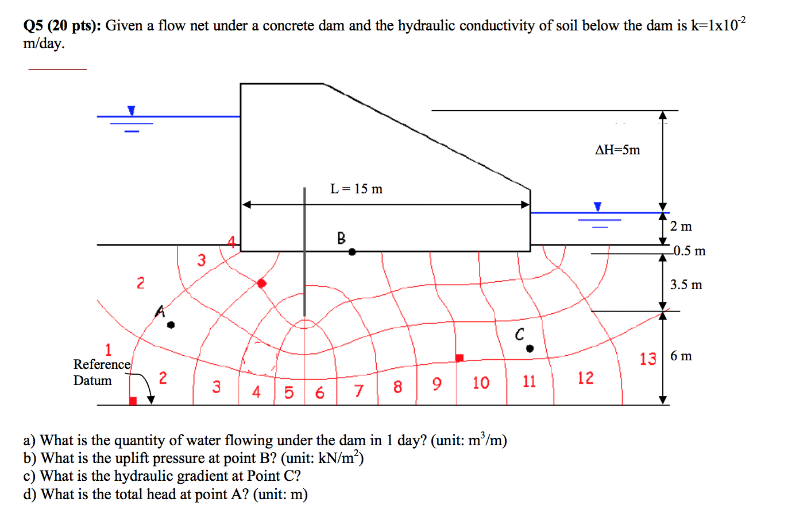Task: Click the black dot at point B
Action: [x=352, y=251]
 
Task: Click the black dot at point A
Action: [x=171, y=325]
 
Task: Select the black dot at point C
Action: [x=530, y=348]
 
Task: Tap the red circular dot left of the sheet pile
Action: [x=262, y=283]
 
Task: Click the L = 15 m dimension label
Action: [x=356, y=189]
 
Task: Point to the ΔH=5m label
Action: [x=617, y=150]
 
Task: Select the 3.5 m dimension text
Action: [x=686, y=285]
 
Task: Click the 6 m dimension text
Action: [x=681, y=356]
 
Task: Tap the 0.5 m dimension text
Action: [x=689, y=251]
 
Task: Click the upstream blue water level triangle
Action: [x=132, y=110]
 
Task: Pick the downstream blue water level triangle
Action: [x=598, y=206]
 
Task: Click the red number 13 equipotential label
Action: [x=648, y=359]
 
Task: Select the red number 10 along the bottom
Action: [x=481, y=383]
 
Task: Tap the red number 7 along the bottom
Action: [x=359, y=391]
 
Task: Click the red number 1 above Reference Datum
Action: [x=108, y=349]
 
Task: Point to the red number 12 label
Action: [x=585, y=378]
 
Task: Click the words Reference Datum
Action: [x=101, y=372]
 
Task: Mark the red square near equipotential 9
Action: [x=459, y=358]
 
